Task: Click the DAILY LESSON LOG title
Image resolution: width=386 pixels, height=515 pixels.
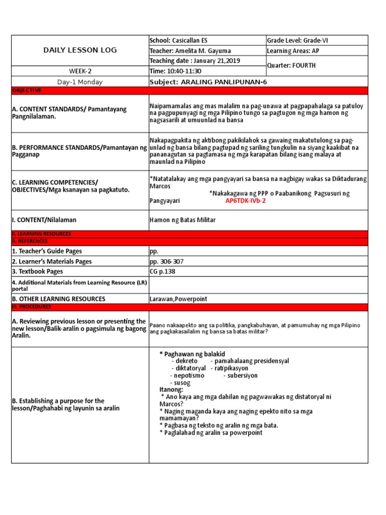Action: pyautogui.click(x=80, y=50)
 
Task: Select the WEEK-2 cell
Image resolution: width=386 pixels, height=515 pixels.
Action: pyautogui.click(x=80, y=71)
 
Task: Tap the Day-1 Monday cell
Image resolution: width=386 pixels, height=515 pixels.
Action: pyautogui.click(x=80, y=81)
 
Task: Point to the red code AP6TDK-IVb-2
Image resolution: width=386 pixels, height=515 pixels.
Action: pyautogui.click(x=245, y=200)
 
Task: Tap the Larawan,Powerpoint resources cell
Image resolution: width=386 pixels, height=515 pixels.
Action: pyautogui.click(x=178, y=299)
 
